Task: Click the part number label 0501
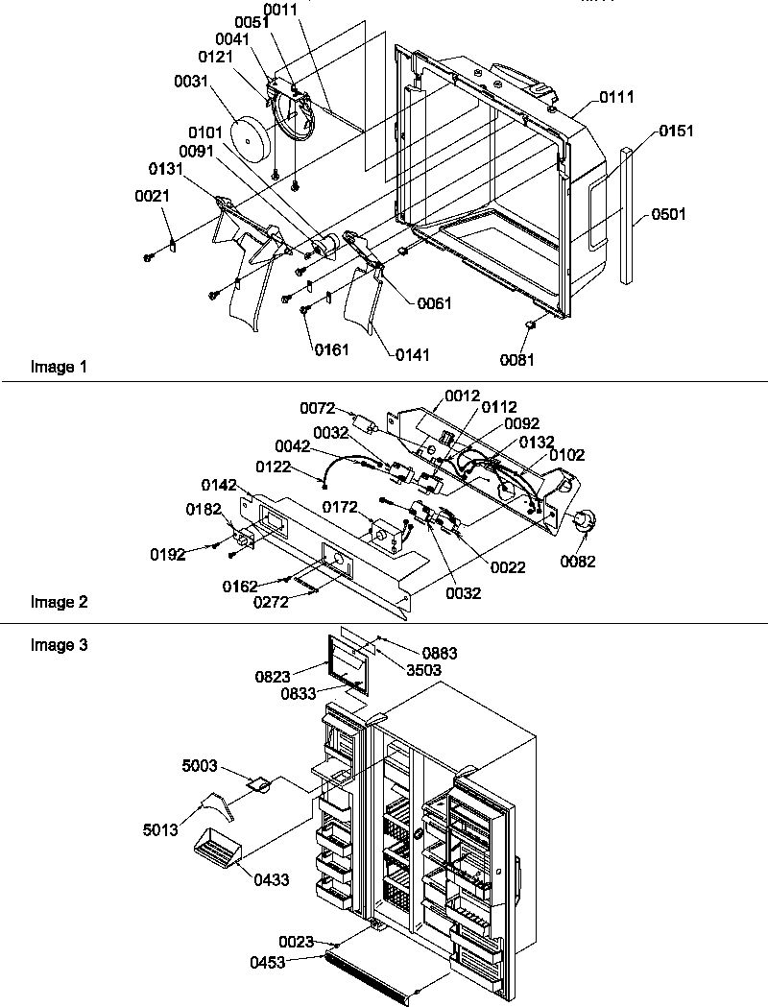[669, 214]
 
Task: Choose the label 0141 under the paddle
[412, 354]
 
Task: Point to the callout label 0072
[318, 409]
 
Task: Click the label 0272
[274, 602]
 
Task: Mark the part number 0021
[151, 196]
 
